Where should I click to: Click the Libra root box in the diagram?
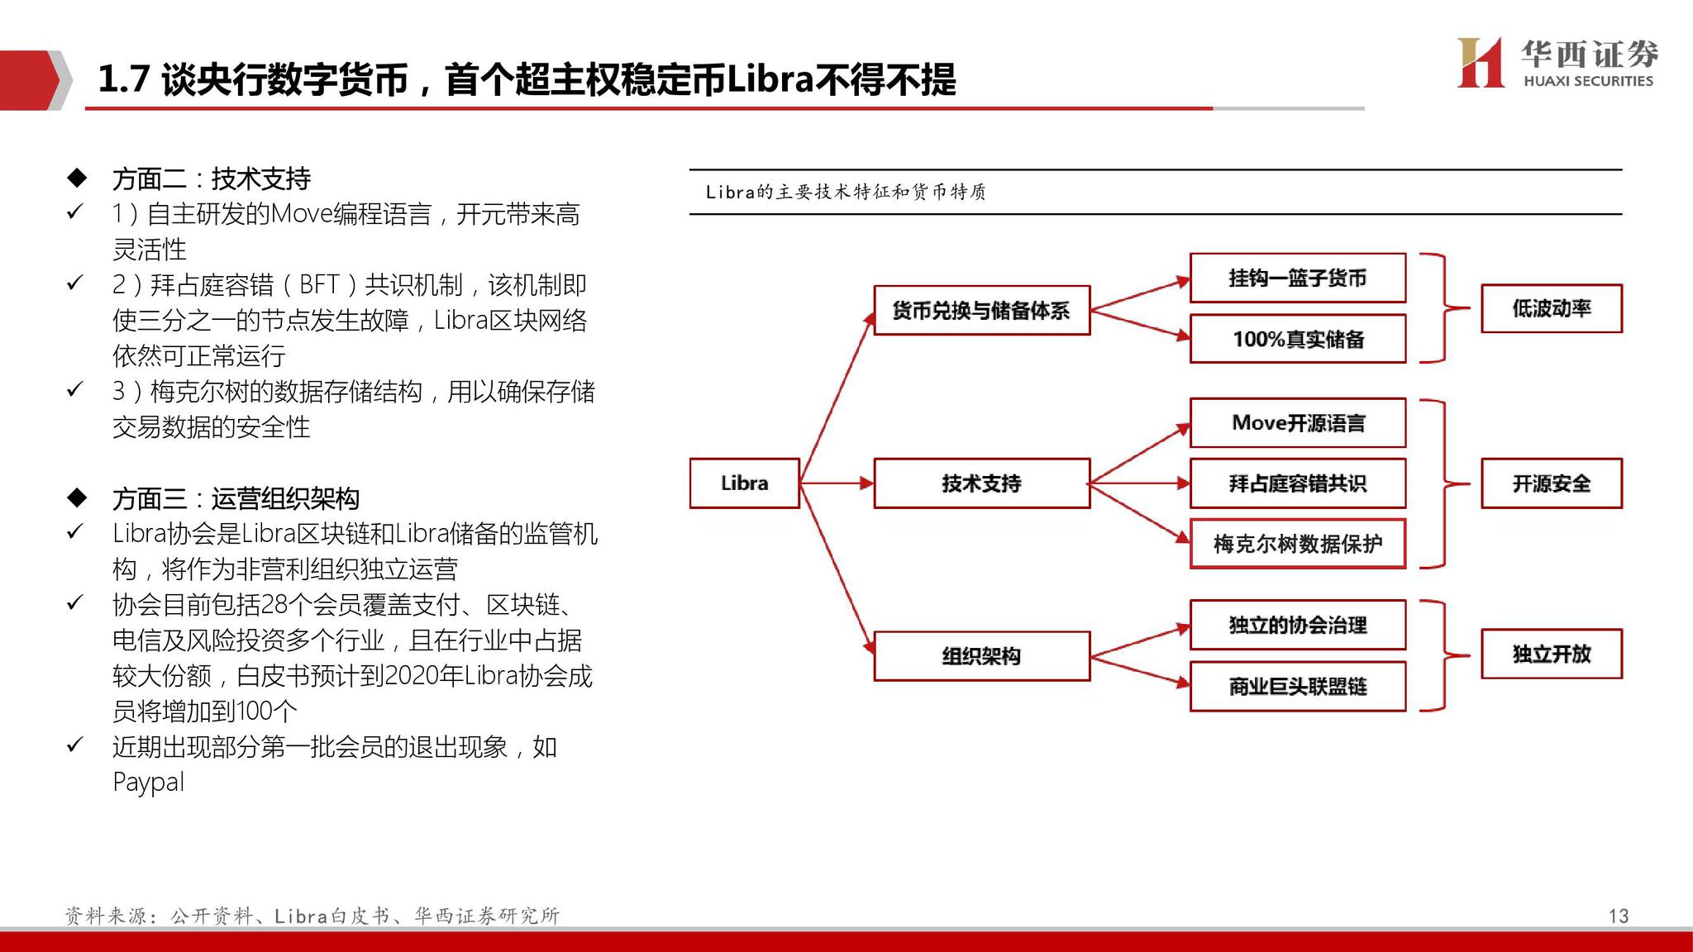744,483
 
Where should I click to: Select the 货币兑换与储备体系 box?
981,310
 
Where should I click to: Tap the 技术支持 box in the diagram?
981,483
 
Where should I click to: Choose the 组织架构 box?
981,656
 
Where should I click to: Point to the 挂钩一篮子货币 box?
1297,278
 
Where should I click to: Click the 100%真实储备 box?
1297,339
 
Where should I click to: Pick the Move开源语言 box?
1297,423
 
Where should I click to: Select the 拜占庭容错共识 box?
1297,483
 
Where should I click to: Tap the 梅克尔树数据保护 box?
1297,544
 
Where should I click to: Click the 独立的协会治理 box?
1297,625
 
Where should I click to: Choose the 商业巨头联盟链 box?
1297,686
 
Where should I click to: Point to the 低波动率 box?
1551,308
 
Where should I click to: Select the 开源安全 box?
1551,483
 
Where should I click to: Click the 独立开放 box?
1551,654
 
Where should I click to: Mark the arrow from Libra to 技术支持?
837,483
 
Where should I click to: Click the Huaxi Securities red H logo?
1480,62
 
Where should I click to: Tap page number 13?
1618,916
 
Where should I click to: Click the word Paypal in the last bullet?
148,782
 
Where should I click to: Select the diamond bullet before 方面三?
77,497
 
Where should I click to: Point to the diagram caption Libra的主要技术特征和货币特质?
846,192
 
